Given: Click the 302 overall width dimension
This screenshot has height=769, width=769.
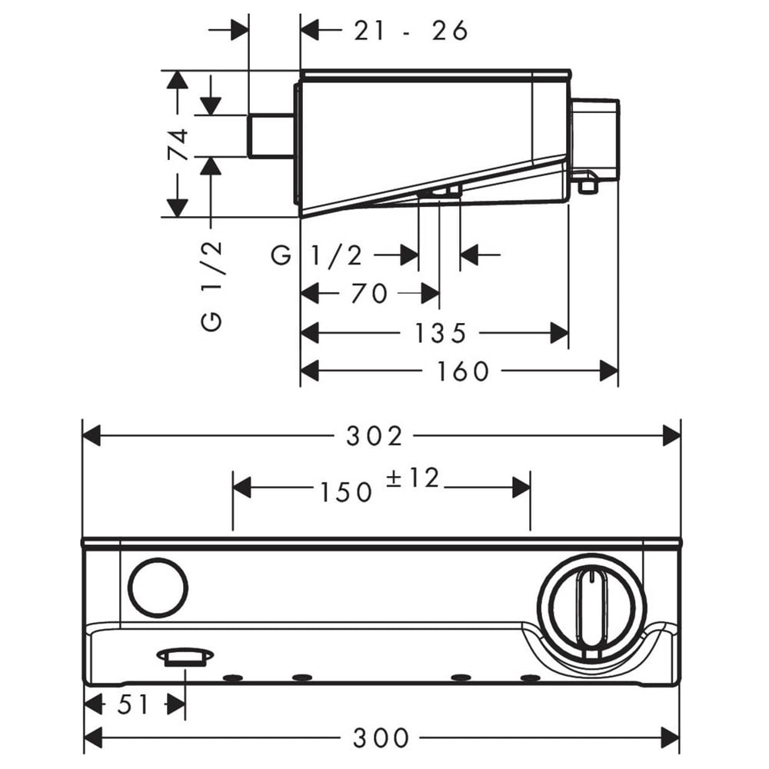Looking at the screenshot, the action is pyautogui.click(x=374, y=435).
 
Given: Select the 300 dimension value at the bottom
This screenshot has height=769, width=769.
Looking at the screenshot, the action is pyautogui.click(x=381, y=737).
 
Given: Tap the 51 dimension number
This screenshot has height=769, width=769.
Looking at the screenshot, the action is pyautogui.click(x=133, y=705).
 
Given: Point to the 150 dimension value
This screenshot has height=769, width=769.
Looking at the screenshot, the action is pyautogui.click(x=346, y=492).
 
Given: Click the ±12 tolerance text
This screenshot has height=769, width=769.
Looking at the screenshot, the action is pyautogui.click(x=412, y=478).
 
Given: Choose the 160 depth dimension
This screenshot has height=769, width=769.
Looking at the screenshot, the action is pyautogui.click(x=462, y=371).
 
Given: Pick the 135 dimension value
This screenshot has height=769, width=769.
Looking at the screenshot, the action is pyautogui.click(x=440, y=333).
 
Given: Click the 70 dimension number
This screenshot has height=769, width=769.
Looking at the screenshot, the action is pyautogui.click(x=369, y=293).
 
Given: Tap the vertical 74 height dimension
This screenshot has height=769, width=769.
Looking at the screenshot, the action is pyautogui.click(x=178, y=144).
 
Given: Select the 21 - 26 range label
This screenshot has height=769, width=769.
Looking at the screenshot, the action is pyautogui.click(x=411, y=31).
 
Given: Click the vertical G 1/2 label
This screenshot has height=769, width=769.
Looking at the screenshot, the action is pyautogui.click(x=212, y=286).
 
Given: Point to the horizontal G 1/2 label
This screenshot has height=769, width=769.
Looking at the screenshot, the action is pyautogui.click(x=317, y=255).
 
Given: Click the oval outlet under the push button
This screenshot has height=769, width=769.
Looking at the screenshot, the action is pyautogui.click(x=185, y=657).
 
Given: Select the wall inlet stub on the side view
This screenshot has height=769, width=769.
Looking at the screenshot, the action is pyautogui.click(x=271, y=136).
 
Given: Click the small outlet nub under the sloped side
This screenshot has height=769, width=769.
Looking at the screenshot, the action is pyautogui.click(x=440, y=192).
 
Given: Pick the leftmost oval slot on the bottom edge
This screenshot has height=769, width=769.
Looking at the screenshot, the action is pyautogui.click(x=233, y=678).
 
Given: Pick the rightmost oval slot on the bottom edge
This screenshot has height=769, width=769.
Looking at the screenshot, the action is pyautogui.click(x=530, y=678).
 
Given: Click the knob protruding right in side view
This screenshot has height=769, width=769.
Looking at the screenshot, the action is pyautogui.click(x=595, y=141).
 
